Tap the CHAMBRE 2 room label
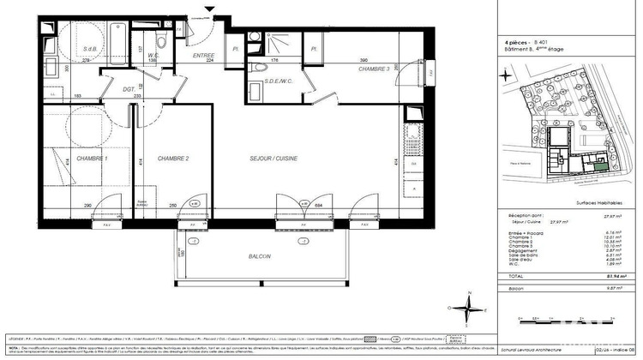[173, 159]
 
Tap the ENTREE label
[204, 55]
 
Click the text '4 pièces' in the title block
[515, 41]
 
